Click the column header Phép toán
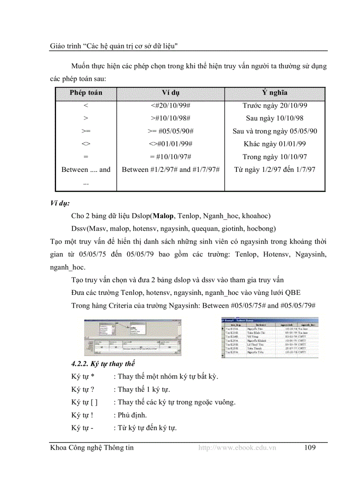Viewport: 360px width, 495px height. [86, 93]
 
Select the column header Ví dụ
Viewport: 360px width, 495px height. [170, 93]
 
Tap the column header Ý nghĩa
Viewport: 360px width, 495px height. [275, 93]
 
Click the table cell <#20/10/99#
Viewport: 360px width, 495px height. [170, 106]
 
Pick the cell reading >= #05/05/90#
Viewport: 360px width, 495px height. [170, 131]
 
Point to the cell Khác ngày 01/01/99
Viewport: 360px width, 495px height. [275, 144]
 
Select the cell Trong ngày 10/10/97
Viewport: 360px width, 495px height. [275, 157]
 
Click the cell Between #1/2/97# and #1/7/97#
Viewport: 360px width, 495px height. [170, 170]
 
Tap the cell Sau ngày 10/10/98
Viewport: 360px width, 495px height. [275, 119]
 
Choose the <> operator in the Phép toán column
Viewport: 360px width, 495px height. [86, 144]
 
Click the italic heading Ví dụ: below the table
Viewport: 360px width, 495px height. [60, 204]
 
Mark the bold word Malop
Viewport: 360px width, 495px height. [163, 216]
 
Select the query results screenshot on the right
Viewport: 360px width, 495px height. [270, 337]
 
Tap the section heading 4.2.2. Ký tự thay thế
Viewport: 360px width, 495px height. [103, 364]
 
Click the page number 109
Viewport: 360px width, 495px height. [310, 448]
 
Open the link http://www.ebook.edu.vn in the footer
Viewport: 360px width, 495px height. [237, 448]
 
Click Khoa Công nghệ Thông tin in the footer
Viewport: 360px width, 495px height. [92, 448]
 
